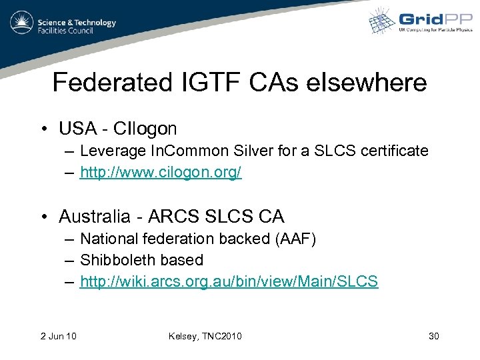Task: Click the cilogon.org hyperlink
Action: [161, 173]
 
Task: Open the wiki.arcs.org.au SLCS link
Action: [229, 281]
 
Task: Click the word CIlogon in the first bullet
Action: [145, 128]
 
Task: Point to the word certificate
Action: [395, 151]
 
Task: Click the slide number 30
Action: [433, 336]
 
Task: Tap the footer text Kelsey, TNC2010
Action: [206, 336]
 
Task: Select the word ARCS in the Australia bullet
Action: [171, 217]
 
